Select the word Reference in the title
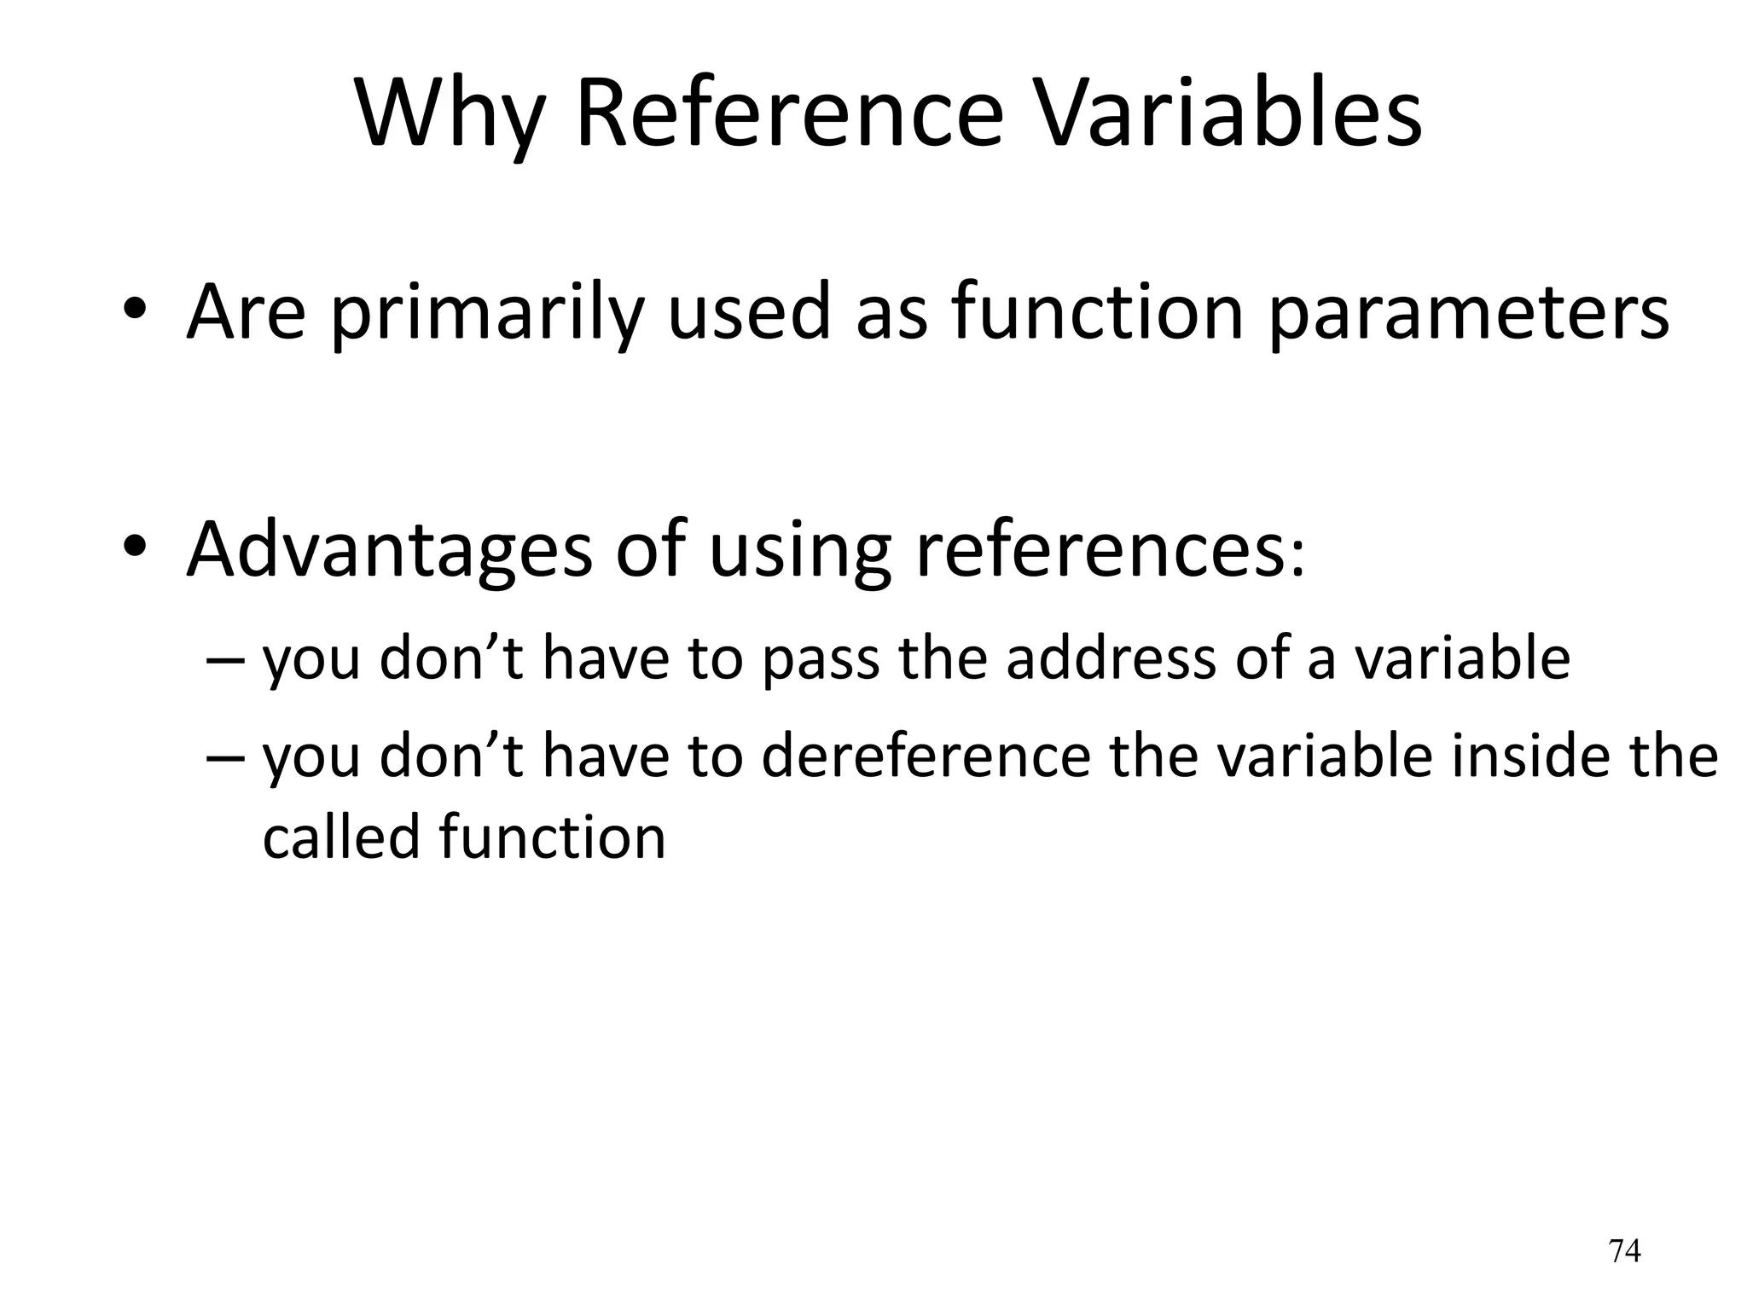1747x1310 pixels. pyautogui.click(x=790, y=113)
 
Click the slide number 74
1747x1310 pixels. pyautogui.click(x=1624, y=1250)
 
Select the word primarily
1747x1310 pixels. pyautogui.click(x=486, y=314)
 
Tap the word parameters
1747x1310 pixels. pyautogui.click(x=1468, y=314)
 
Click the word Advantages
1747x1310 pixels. pyautogui.click(x=389, y=550)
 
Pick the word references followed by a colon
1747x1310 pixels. pyautogui.click(x=1100, y=550)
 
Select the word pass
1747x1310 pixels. pyautogui.click(x=820, y=660)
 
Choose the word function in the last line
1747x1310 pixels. pyautogui.click(x=553, y=837)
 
